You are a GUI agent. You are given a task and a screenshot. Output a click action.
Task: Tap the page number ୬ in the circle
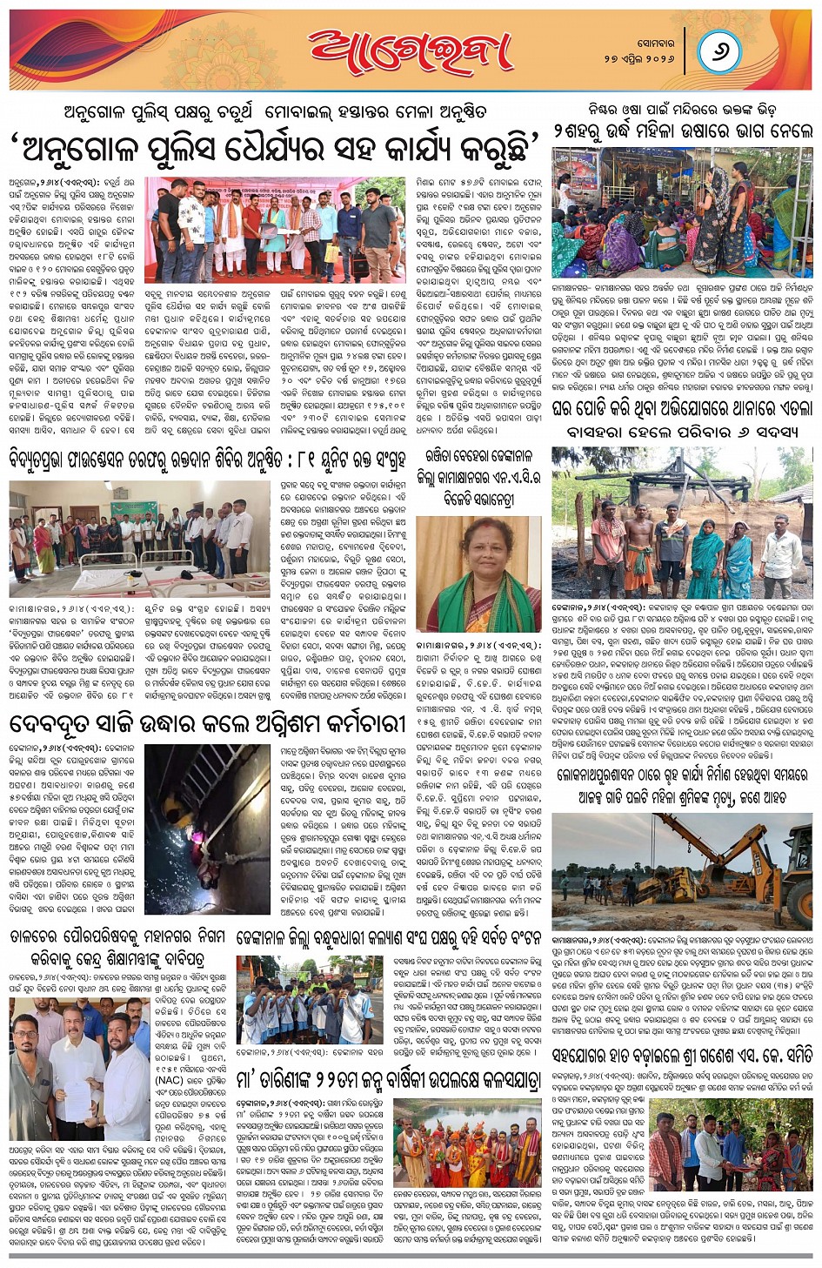tap(718, 51)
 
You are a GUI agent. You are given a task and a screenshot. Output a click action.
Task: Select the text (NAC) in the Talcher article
tap(169, 1080)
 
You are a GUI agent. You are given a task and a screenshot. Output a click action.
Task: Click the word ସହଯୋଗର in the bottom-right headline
tap(586, 1056)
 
